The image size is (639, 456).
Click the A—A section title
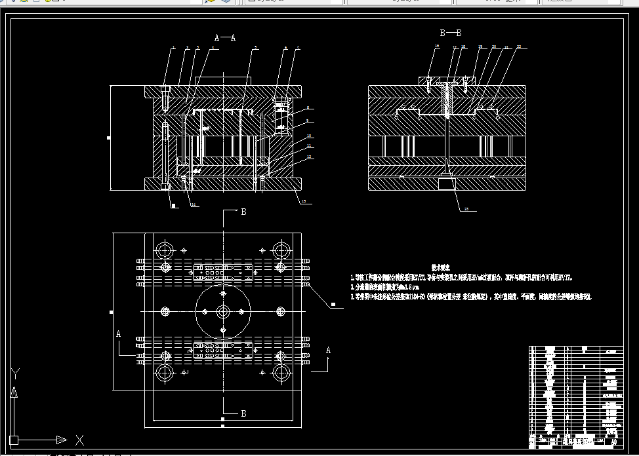pyautogui.click(x=225, y=38)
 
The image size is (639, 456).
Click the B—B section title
pyautogui.click(x=450, y=32)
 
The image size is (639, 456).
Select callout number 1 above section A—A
pyautogui.click(x=173, y=48)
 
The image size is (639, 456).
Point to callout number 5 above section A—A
pyautogui.click(x=255, y=48)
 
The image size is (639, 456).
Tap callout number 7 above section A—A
pyautogui.click(x=298, y=48)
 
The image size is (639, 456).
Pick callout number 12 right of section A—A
pyautogui.click(x=309, y=157)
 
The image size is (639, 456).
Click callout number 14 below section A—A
pyautogui.click(x=194, y=204)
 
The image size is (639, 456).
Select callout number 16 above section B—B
pyautogui.click(x=437, y=47)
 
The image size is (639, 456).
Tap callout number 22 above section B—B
pyautogui.click(x=519, y=47)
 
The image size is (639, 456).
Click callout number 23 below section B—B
pyautogui.click(x=466, y=209)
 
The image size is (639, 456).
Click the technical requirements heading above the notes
pyautogui.click(x=440, y=267)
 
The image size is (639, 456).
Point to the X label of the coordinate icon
pyautogui.click(x=79, y=440)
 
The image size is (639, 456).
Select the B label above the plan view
pyautogui.click(x=243, y=212)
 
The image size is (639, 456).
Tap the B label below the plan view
pyautogui.click(x=243, y=413)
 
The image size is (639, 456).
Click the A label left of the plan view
pyautogui.click(x=119, y=333)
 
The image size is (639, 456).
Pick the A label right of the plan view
pyautogui.click(x=329, y=351)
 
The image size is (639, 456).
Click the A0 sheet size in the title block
pyautogui.click(x=613, y=442)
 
